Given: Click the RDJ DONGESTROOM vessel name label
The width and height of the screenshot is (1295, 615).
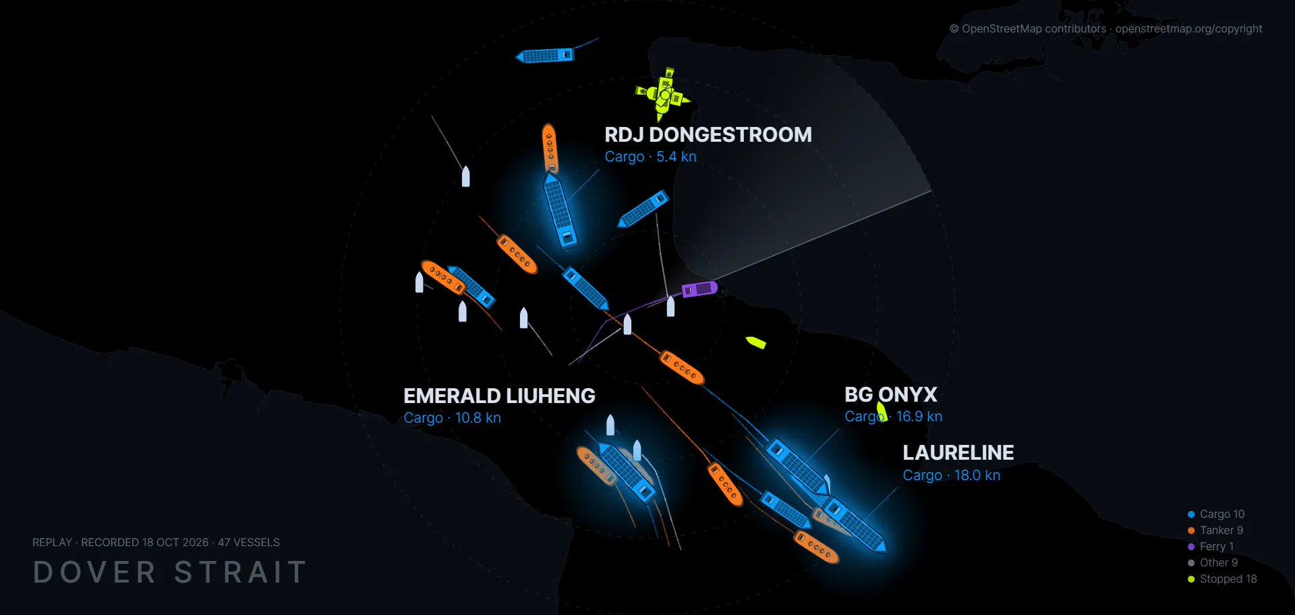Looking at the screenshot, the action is [708, 135].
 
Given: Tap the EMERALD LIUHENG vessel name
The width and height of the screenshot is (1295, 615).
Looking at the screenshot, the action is [499, 396].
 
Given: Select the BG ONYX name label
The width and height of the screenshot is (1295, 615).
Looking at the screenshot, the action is [891, 394].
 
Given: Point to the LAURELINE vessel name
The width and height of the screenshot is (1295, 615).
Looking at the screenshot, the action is [958, 452].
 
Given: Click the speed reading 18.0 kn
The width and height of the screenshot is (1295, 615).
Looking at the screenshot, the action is [977, 475].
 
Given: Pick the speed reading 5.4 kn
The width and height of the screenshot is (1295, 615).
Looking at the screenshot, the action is [677, 157].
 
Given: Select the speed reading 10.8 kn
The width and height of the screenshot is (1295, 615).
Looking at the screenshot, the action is [478, 418].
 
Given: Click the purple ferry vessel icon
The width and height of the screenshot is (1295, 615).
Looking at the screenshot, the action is [699, 289].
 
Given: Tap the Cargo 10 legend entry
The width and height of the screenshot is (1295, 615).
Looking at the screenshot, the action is [1216, 514].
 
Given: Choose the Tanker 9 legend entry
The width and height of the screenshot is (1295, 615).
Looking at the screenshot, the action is [1215, 531].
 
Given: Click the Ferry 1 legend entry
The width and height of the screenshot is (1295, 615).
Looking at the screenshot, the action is [1211, 547].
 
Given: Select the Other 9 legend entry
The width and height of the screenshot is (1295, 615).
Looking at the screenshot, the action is [1213, 563].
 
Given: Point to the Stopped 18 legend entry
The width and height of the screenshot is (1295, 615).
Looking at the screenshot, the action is [1222, 579].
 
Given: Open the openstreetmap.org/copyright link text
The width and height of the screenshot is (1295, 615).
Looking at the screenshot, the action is [1188, 29].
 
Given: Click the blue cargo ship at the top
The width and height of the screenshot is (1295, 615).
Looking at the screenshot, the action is [545, 55].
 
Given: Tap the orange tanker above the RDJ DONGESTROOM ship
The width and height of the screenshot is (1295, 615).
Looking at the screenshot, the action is [550, 148].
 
